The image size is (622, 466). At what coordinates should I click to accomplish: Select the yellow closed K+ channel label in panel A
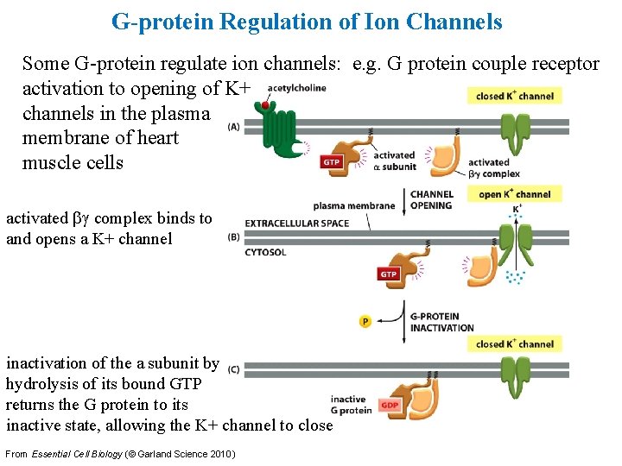pyautogui.click(x=514, y=96)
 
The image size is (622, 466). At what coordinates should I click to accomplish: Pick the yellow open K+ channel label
pyautogui.click(x=515, y=194)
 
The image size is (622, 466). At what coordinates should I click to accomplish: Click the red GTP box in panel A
pyautogui.click(x=331, y=161)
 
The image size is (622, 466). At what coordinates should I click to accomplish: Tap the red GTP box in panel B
pyautogui.click(x=388, y=274)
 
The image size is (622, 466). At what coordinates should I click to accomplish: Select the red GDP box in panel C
pyautogui.click(x=390, y=404)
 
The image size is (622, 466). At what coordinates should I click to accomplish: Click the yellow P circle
pyautogui.click(x=365, y=321)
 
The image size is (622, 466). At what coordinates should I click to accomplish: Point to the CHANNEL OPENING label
pyautogui.click(x=431, y=200)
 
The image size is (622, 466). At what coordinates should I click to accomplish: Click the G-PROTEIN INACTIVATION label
pyautogui.click(x=441, y=322)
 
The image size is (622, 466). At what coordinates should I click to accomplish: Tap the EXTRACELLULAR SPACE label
pyautogui.click(x=297, y=224)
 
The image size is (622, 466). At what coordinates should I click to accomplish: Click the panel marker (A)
pyautogui.click(x=234, y=126)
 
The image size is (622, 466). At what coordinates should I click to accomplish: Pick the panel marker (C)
pyautogui.click(x=233, y=369)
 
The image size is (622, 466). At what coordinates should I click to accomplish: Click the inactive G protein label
pyautogui.click(x=350, y=405)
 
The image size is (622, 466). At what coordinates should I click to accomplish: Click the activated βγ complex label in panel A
pyautogui.click(x=493, y=167)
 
